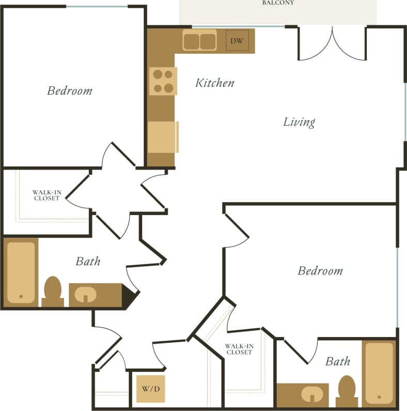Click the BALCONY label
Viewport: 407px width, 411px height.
tap(278, 3)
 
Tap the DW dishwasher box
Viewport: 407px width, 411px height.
tap(237, 40)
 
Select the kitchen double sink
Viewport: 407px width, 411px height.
tap(200, 41)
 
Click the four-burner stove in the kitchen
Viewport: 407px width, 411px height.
tap(163, 81)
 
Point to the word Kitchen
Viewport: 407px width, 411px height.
tap(214, 83)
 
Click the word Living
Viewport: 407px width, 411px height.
tap(299, 122)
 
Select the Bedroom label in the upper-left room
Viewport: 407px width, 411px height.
tap(69, 91)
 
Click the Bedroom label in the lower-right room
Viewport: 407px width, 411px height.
tap(320, 271)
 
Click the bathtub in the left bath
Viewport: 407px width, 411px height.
tap(21, 272)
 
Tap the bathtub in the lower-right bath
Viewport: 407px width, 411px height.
tap(379, 373)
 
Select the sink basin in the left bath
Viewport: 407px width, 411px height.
tap(85, 295)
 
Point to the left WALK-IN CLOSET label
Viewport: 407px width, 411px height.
tap(46, 195)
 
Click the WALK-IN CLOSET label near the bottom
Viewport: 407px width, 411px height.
tap(239, 349)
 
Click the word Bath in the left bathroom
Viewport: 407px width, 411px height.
tap(88, 262)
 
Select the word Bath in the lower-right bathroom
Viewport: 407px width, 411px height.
tap(337, 361)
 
